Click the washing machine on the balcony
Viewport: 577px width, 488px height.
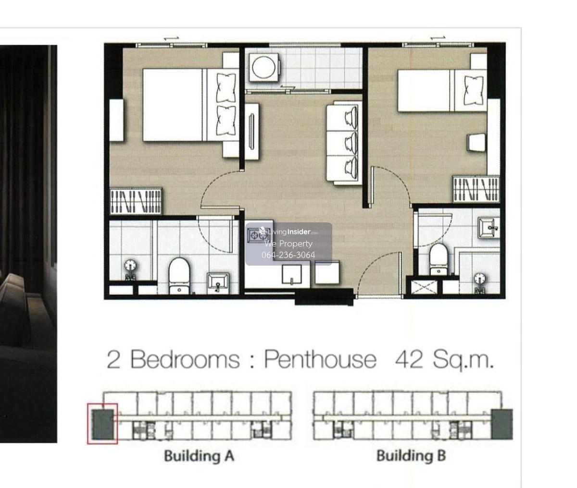[x=264, y=67]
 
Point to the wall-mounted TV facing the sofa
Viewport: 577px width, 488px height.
[x=252, y=131]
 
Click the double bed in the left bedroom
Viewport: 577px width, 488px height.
[x=191, y=105]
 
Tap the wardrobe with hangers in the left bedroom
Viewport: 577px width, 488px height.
[x=136, y=201]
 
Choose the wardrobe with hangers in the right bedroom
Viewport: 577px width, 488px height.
[x=476, y=189]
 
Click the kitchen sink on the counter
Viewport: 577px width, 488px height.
[x=292, y=274]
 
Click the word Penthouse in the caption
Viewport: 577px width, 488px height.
[x=320, y=360]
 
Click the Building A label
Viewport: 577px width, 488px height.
[x=199, y=456]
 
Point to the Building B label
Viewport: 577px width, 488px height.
[x=411, y=456]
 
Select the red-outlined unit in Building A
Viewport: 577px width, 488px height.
[x=102, y=424]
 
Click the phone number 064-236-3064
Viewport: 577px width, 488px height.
[x=288, y=255]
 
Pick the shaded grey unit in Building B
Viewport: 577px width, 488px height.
[x=502, y=424]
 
